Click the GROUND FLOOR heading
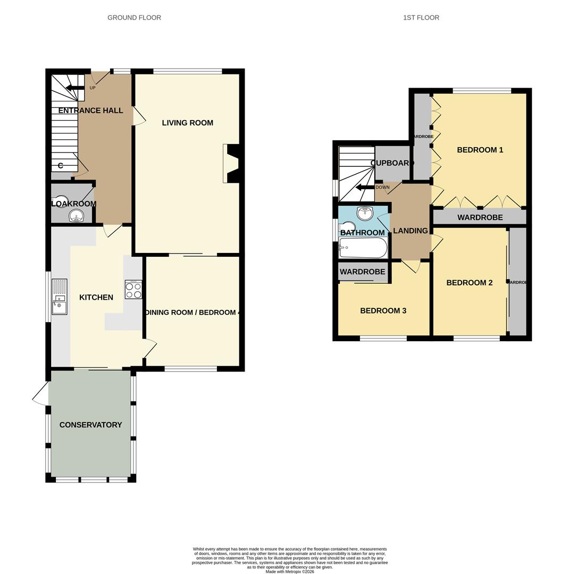pyautogui.click(x=134, y=18)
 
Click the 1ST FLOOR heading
pyautogui.click(x=421, y=18)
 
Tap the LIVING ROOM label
pyautogui.click(x=187, y=123)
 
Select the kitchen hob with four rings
pyautogui.click(x=133, y=290)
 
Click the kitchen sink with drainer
pyautogui.click(x=60, y=297)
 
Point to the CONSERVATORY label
pyautogui.click(x=90, y=425)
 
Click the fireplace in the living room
pyautogui.click(x=232, y=164)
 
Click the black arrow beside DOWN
pyautogui.click(x=365, y=188)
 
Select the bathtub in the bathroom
pyautogui.click(x=363, y=248)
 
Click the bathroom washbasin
pyautogui.click(x=365, y=214)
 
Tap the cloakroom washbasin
pyautogui.click(x=77, y=216)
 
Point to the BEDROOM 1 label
pyautogui.click(x=480, y=150)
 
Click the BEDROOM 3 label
pyautogui.click(x=383, y=310)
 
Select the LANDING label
pyautogui.click(x=410, y=231)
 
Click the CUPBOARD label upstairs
pyautogui.click(x=392, y=163)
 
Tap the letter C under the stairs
pyautogui.click(x=60, y=166)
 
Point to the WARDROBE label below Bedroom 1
pyautogui.click(x=480, y=217)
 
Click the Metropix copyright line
pyautogui.click(x=290, y=572)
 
